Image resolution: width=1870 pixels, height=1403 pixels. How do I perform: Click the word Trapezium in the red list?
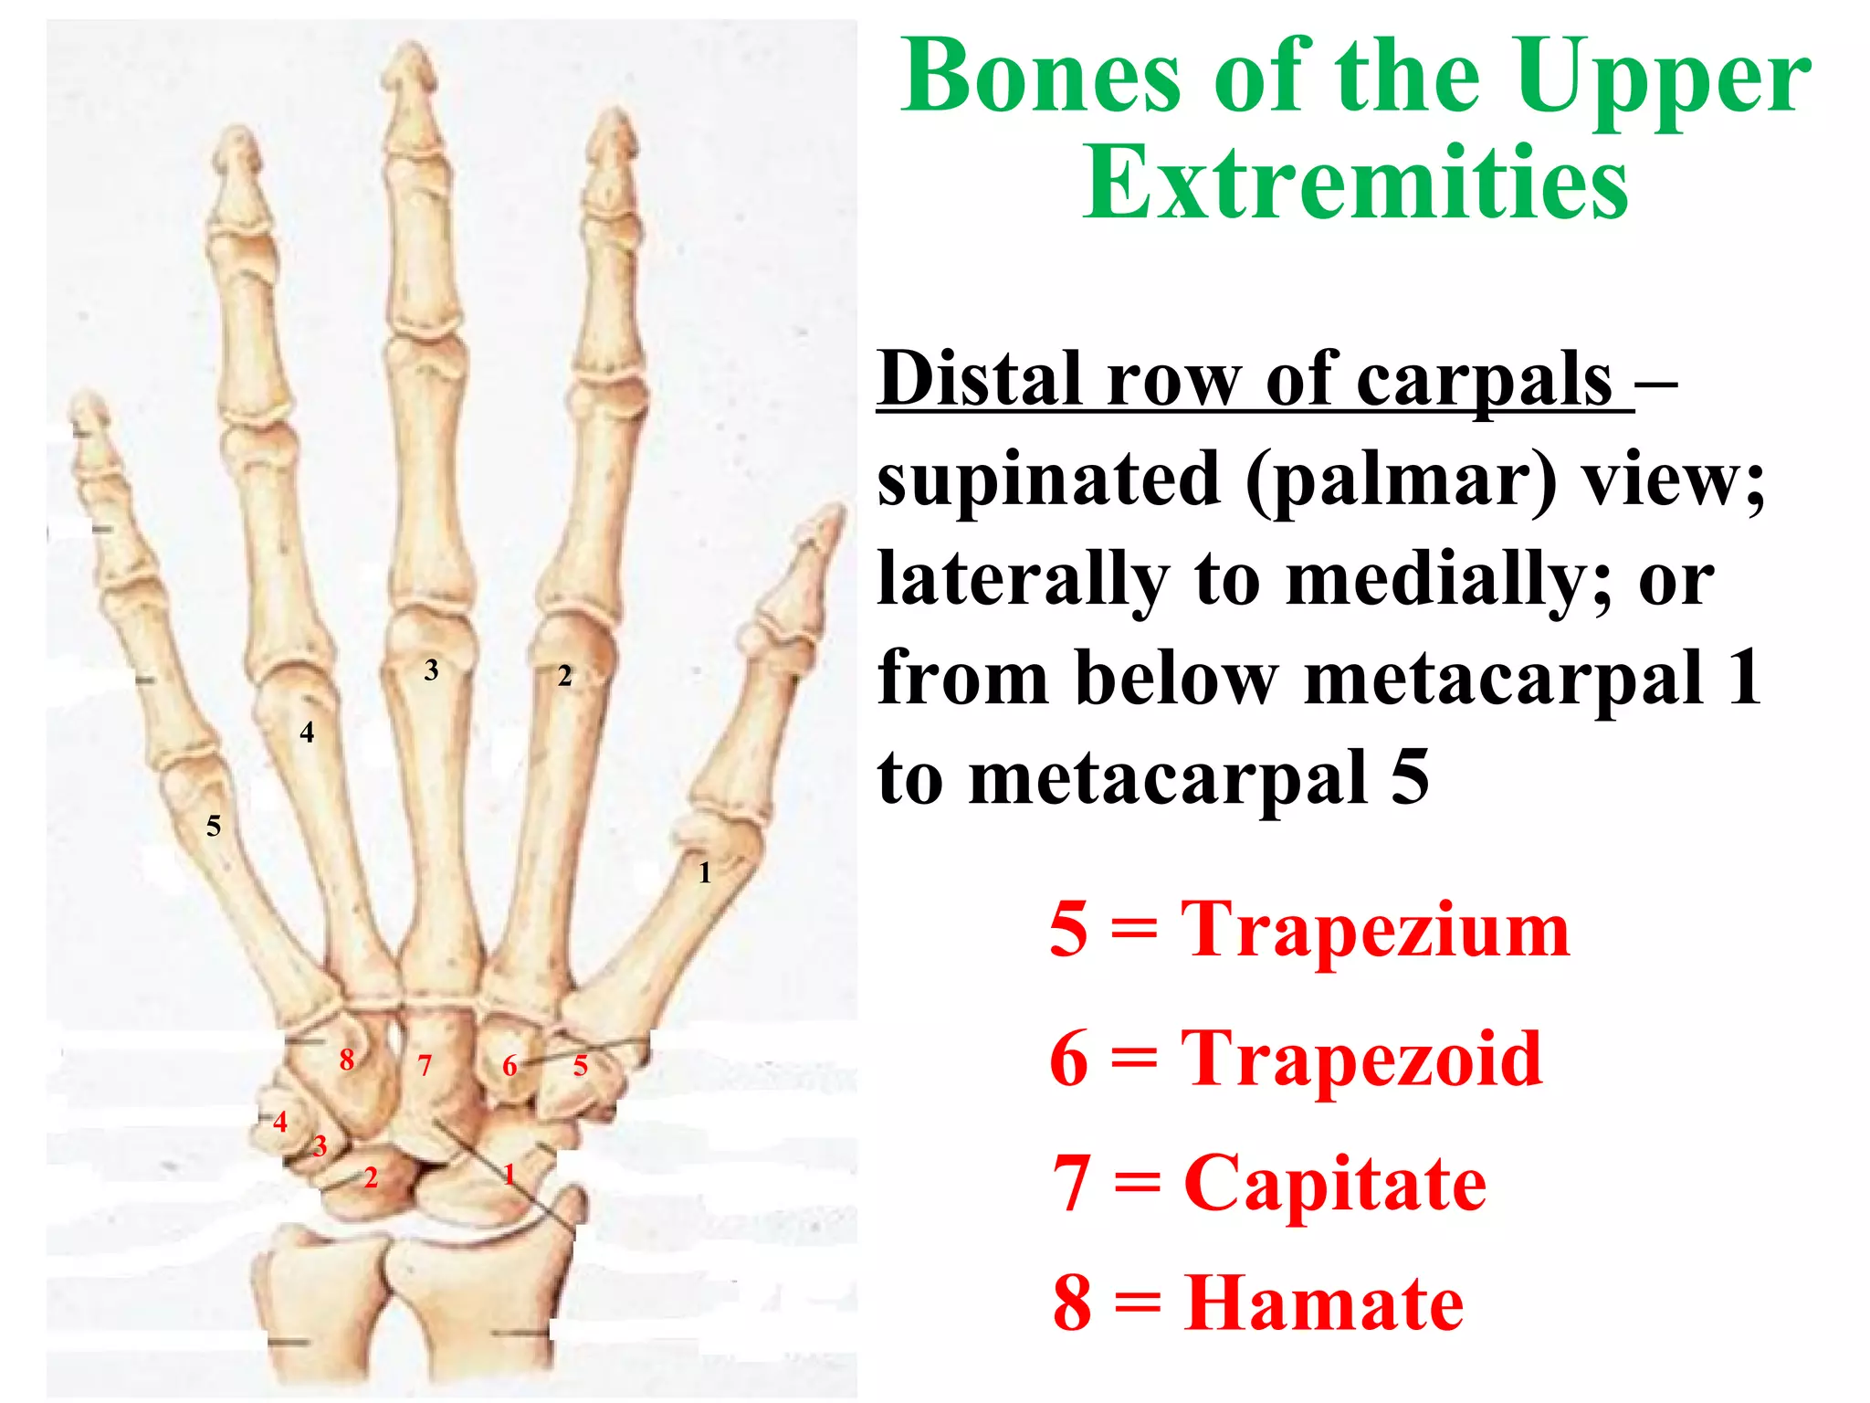click(1374, 930)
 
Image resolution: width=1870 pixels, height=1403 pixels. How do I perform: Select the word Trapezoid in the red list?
click(1361, 1058)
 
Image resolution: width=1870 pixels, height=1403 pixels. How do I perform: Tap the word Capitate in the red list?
click(1335, 1183)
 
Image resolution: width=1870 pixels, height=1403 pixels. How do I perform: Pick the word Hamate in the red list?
click(1324, 1303)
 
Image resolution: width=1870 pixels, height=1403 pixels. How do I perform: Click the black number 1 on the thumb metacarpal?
click(704, 873)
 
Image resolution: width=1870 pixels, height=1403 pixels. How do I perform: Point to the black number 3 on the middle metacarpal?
click(432, 670)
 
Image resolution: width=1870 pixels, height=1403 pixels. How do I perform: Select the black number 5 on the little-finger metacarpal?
click(214, 827)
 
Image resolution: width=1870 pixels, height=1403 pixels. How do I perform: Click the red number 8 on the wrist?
click(347, 1060)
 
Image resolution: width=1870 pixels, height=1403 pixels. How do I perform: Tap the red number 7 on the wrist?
click(425, 1065)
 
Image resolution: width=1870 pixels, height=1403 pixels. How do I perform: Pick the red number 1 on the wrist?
click(510, 1174)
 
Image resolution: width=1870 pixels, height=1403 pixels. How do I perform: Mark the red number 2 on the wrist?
click(371, 1177)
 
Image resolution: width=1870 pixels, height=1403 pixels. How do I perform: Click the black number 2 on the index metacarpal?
click(565, 676)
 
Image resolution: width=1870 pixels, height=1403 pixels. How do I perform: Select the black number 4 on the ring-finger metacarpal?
click(307, 733)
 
